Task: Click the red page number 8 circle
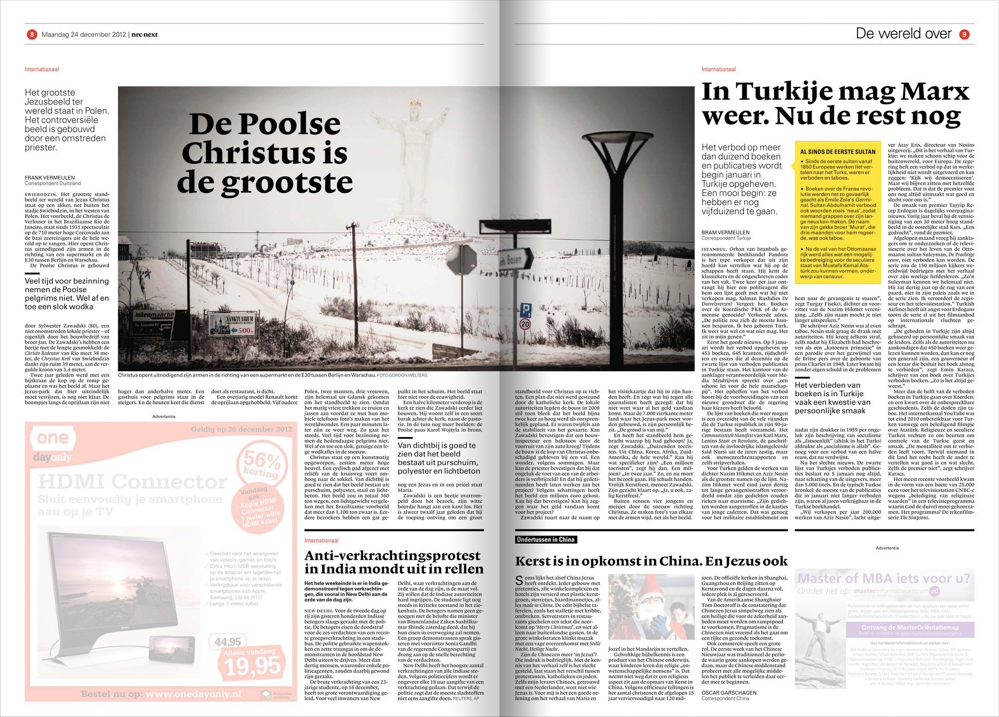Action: point(32,34)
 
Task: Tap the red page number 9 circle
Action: point(964,34)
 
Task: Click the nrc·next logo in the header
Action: point(144,34)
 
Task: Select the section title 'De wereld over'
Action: point(903,34)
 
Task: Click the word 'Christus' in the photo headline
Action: point(248,153)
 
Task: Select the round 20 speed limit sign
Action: point(525,324)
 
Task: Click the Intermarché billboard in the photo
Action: point(154,316)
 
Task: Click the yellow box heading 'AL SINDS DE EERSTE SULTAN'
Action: point(837,152)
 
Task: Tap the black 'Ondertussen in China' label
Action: point(545,540)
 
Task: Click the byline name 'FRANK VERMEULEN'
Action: point(50,178)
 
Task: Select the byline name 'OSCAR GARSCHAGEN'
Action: point(729,693)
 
